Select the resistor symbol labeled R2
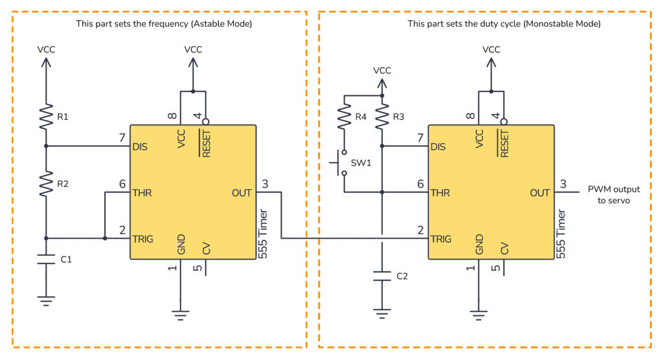coord(46,185)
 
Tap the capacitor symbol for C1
coord(46,260)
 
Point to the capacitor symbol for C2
coord(382,276)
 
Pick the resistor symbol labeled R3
coord(382,117)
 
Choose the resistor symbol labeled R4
coord(344,117)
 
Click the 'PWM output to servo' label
coord(613,195)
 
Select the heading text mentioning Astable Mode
coord(164,23)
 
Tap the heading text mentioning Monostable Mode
coord(504,23)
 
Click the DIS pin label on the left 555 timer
coord(139,146)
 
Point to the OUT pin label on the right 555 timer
coord(539,193)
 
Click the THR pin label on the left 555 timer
coord(141,193)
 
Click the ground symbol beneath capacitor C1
coord(46,299)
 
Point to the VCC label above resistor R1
coord(46,49)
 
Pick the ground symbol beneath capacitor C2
coord(382,315)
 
